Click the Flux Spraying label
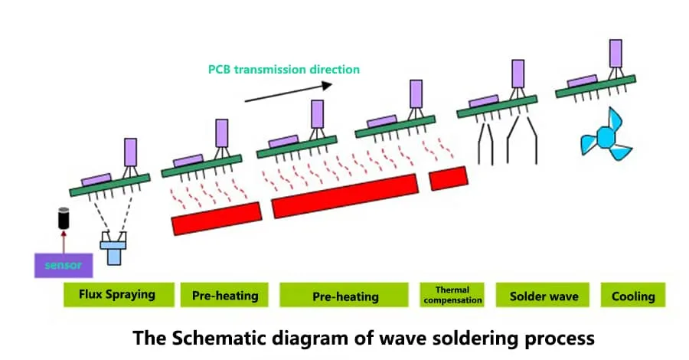(117, 294)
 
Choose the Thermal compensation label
(452, 295)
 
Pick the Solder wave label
(544, 296)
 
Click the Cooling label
(633, 296)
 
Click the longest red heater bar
(345, 195)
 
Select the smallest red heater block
(448, 178)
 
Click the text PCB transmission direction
(284, 69)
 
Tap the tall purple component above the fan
(615, 53)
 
